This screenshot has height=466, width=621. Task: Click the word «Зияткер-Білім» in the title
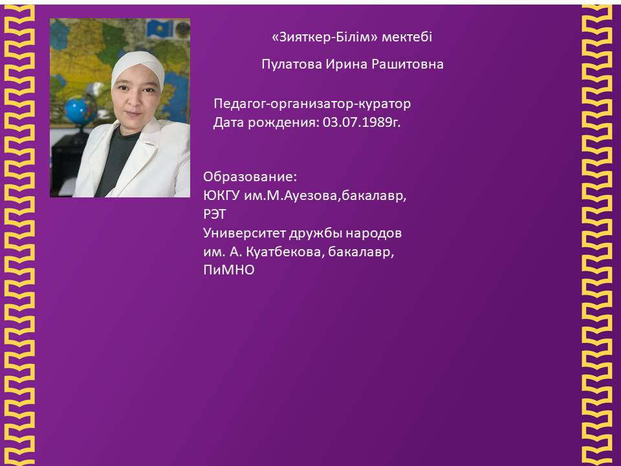pyautogui.click(x=325, y=38)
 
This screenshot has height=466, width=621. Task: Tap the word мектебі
pyautogui.click(x=407, y=38)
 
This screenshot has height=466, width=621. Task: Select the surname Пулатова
pyautogui.click(x=292, y=64)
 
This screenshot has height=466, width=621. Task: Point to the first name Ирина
pyautogui.click(x=347, y=64)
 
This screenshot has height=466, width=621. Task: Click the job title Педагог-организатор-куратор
pyautogui.click(x=312, y=104)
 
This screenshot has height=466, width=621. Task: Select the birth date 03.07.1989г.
pyautogui.click(x=362, y=122)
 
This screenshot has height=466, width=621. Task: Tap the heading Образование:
pyautogui.click(x=250, y=177)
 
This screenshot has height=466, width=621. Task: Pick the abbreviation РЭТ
pyautogui.click(x=215, y=214)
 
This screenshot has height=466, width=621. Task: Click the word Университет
pyautogui.click(x=245, y=233)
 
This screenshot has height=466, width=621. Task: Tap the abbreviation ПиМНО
pyautogui.click(x=228, y=271)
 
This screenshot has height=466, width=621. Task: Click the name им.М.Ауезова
pyautogui.click(x=291, y=195)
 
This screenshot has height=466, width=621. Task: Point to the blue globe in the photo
pyautogui.click(x=79, y=111)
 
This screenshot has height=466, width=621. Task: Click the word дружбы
pyautogui.click(x=315, y=233)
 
